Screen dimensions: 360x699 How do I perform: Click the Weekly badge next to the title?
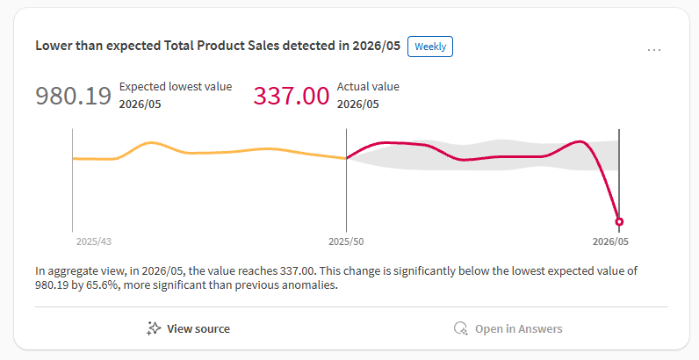(x=430, y=47)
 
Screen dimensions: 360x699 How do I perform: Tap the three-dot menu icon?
(x=654, y=50)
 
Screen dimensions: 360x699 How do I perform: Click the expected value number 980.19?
(x=74, y=96)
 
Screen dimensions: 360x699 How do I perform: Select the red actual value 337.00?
(x=292, y=96)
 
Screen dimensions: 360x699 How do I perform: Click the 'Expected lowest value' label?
(x=176, y=87)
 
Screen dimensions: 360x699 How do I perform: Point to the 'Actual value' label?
(x=368, y=87)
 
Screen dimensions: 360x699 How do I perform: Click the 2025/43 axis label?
(x=93, y=241)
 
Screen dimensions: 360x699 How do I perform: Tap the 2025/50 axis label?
(x=347, y=241)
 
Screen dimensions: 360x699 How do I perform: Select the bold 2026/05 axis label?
(x=611, y=241)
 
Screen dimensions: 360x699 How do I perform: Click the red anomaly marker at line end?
(x=619, y=221)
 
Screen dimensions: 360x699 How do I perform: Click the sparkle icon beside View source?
(x=154, y=328)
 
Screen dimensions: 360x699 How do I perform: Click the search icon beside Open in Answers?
(x=460, y=328)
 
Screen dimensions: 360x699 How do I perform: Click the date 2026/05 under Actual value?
(x=358, y=104)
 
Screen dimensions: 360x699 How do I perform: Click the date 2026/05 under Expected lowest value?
(x=140, y=104)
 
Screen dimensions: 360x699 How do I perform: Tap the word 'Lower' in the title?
(x=54, y=47)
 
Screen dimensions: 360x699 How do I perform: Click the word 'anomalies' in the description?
(x=311, y=285)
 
